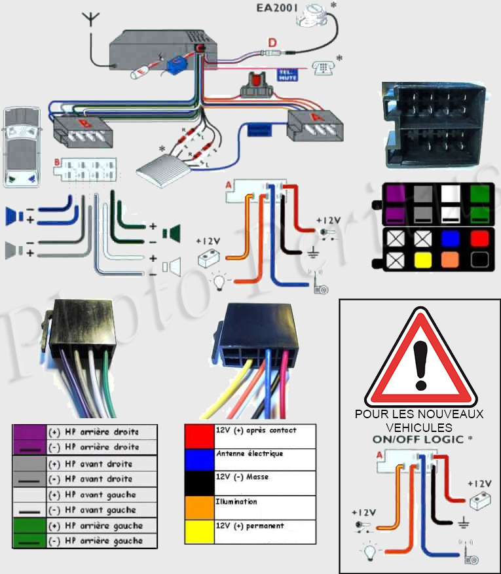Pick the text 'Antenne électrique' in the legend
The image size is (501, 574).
(250, 454)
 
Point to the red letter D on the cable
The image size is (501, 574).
(272, 44)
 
